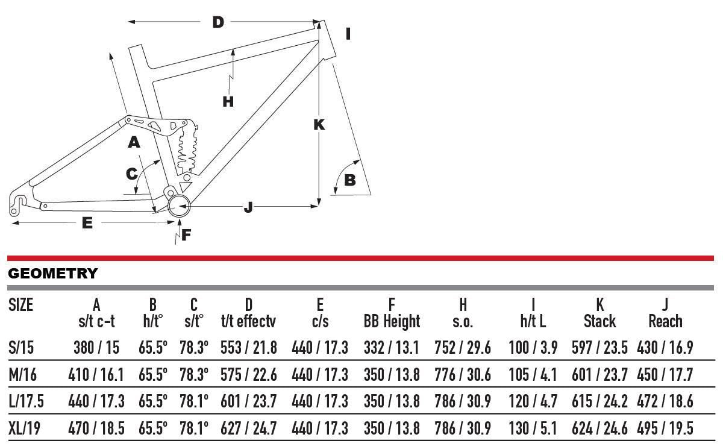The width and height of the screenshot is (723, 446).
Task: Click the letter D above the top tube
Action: tap(218, 22)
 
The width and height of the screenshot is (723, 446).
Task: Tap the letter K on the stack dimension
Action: tap(319, 124)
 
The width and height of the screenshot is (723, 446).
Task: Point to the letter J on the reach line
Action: tap(248, 207)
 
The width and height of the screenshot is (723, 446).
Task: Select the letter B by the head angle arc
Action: tap(349, 179)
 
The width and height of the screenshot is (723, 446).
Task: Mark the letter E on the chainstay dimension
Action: tap(87, 222)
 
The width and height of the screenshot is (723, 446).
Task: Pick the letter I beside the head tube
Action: tap(348, 34)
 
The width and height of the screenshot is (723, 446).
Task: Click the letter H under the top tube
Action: tap(228, 101)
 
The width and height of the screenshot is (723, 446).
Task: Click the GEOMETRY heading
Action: tap(52, 274)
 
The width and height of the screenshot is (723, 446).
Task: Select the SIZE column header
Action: tap(21, 305)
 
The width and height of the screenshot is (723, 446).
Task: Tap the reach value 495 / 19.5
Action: tap(665, 429)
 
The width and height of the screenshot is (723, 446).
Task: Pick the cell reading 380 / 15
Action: tap(96, 347)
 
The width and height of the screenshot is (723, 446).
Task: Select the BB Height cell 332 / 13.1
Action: tap(392, 347)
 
